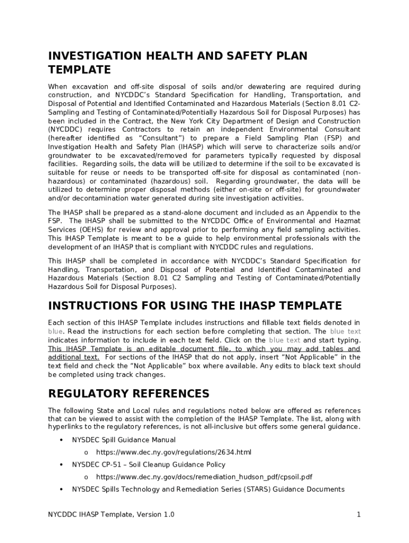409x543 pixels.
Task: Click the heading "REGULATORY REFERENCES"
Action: tap(129, 393)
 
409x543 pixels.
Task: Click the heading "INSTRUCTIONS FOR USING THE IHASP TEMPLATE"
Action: tap(195, 305)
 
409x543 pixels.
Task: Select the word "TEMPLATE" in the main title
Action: tap(79, 69)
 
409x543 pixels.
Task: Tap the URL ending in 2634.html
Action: tap(173, 452)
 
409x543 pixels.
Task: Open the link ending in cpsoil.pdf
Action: tap(204, 477)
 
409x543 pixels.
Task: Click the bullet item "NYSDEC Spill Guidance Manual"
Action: tap(124, 440)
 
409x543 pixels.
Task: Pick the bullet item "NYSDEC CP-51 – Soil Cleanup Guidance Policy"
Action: tap(149, 465)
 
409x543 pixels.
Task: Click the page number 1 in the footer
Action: tap(359, 514)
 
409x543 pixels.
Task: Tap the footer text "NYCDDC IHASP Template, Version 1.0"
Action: tap(111, 514)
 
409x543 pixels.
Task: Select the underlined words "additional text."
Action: tap(73, 357)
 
